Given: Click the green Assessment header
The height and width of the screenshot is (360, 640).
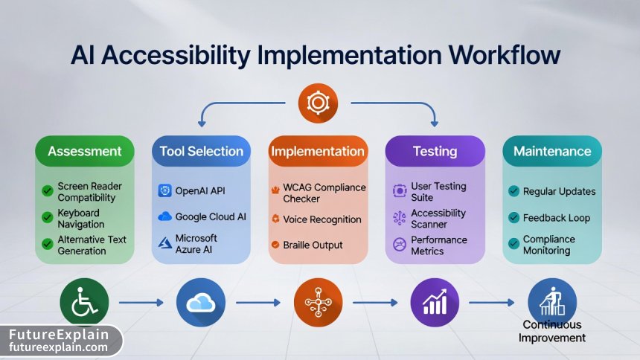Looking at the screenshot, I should click(84, 151).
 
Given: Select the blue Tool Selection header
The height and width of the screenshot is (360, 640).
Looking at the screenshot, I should click(201, 151).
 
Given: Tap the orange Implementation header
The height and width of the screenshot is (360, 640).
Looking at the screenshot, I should click(318, 151).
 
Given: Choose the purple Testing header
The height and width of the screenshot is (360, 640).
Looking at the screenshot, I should click(435, 151).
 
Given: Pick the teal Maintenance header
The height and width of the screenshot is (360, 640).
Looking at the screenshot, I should click(552, 151).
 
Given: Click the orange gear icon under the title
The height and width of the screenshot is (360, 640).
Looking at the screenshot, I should click(318, 103).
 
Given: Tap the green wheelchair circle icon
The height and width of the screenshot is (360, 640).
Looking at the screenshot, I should click(84, 302).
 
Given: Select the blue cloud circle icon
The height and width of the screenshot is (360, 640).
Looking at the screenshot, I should click(201, 302).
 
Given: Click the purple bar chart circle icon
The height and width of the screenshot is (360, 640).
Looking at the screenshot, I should click(435, 302).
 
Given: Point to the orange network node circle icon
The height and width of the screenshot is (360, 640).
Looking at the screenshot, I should click(318, 302).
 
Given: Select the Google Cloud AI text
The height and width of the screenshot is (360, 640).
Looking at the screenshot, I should click(211, 217).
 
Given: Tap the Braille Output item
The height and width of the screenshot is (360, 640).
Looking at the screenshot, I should click(313, 245).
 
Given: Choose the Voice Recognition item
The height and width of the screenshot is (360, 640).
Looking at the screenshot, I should click(322, 219).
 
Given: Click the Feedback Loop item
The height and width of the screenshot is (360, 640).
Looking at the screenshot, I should click(557, 218).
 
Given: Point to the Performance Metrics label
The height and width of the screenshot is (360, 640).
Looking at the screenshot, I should click(439, 245).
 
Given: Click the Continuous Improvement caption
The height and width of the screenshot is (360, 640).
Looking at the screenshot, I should click(552, 332).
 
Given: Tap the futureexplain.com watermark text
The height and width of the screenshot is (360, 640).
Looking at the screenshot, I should click(59, 347).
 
